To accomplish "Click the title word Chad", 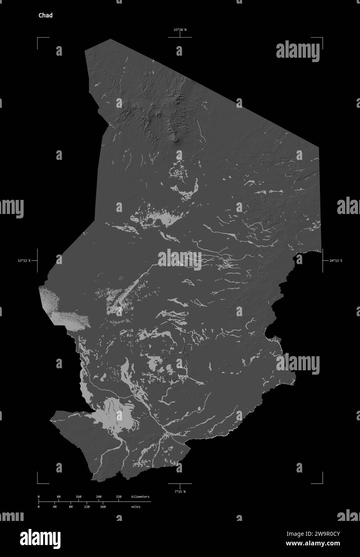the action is click(45, 16).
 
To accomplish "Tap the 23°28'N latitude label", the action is click(180, 30).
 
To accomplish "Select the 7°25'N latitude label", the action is click(180, 491).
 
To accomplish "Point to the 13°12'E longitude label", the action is click(24, 261).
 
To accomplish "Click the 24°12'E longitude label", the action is click(336, 261).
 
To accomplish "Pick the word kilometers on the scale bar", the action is click(140, 497).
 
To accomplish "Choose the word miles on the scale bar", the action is click(135, 507).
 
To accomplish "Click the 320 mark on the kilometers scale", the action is click(119, 497).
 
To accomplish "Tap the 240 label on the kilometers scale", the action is click(99, 497).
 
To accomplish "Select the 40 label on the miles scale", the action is click(54, 507).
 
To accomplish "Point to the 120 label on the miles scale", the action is click(86, 507).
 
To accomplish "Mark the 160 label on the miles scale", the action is click(103, 507).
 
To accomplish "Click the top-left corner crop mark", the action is click(38, 38).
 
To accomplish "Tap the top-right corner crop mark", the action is click(322, 38).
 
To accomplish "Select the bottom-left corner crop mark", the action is click(38, 482).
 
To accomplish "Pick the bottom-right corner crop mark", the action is click(322, 482).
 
